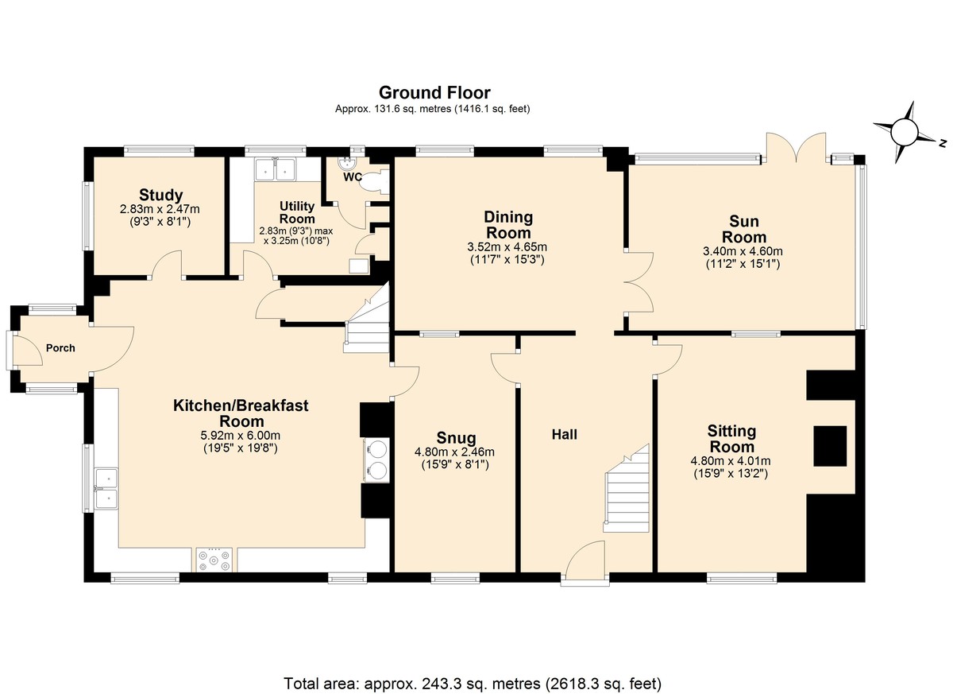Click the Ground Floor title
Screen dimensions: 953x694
click(x=434, y=92)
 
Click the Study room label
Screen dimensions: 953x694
click(x=160, y=195)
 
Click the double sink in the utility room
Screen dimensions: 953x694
click(x=276, y=169)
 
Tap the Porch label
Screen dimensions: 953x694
click(x=60, y=348)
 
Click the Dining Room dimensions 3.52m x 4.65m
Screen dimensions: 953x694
click(x=507, y=247)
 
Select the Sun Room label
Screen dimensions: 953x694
click(x=744, y=229)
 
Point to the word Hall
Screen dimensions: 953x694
click(x=564, y=435)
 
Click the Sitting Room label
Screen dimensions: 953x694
click(x=731, y=439)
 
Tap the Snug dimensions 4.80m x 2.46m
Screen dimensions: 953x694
click(x=454, y=452)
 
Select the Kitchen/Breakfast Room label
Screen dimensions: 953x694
click(x=241, y=413)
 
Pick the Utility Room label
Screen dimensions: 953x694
click(x=297, y=212)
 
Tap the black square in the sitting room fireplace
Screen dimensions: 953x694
click(x=830, y=446)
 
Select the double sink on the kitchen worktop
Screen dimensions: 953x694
click(x=106, y=488)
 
